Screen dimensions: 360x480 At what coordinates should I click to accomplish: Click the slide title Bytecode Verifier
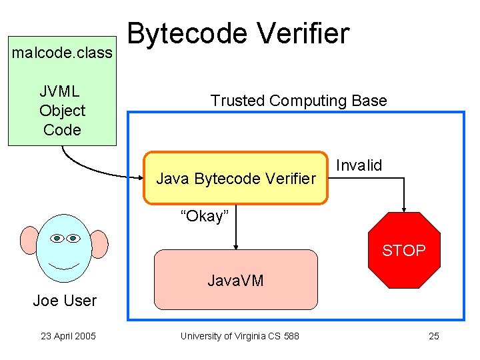click(238, 33)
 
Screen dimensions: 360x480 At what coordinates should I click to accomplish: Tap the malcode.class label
click(62, 52)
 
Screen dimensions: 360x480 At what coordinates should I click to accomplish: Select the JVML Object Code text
click(62, 111)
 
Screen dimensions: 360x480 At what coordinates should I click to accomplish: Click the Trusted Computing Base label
click(298, 101)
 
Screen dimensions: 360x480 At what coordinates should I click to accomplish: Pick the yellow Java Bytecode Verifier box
click(236, 178)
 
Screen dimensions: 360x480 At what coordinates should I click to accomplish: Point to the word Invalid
click(359, 165)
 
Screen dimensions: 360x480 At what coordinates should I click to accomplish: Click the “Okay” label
click(205, 216)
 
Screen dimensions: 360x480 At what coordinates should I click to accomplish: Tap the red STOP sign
click(403, 250)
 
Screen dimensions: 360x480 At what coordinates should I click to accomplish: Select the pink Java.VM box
click(235, 280)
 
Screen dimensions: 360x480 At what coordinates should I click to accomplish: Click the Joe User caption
click(65, 301)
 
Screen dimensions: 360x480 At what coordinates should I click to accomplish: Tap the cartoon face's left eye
click(57, 238)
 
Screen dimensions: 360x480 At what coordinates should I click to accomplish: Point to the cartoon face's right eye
click(73, 238)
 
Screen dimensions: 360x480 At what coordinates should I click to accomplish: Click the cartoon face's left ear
click(31, 242)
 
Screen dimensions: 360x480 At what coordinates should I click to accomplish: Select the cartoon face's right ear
click(99, 244)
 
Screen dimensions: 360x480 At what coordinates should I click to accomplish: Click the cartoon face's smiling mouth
click(65, 265)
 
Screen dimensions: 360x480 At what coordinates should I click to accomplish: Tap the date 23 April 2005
click(68, 336)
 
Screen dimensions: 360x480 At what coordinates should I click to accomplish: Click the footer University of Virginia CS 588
click(239, 336)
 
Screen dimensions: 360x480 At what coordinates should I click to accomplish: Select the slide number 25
click(433, 336)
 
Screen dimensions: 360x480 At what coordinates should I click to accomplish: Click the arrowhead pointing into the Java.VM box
click(235, 246)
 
